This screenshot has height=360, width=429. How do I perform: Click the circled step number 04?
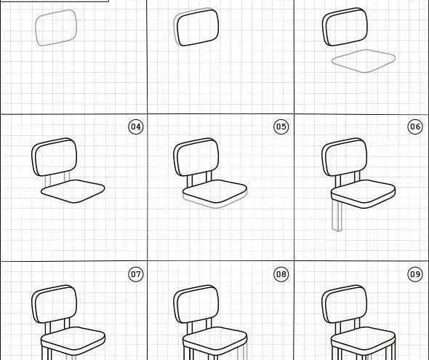[136, 127]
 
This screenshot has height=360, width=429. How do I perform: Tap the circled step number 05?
[281, 127]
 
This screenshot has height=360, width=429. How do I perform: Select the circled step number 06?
[415, 127]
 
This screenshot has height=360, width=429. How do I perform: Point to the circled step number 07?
[136, 274]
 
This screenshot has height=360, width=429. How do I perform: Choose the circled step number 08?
[281, 274]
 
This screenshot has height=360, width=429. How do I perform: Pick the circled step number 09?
[415, 274]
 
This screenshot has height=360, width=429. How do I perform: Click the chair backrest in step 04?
[55, 157]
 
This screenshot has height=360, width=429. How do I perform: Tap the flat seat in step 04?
[73, 191]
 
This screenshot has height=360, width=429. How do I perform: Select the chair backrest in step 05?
[196, 157]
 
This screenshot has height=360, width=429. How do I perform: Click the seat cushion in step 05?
[215, 193]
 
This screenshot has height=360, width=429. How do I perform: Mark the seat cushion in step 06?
[364, 193]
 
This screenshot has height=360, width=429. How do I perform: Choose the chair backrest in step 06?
[345, 157]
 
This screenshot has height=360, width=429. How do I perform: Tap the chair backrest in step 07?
[55, 304]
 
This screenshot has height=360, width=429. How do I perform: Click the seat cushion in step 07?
[73, 341]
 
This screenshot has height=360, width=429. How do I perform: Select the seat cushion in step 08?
[215, 341]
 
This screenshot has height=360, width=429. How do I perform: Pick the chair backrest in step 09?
[345, 304]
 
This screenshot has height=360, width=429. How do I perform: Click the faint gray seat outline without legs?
[364, 61]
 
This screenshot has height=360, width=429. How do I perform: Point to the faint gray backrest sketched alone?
[56, 28]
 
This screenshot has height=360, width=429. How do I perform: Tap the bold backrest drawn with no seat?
[196, 27]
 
